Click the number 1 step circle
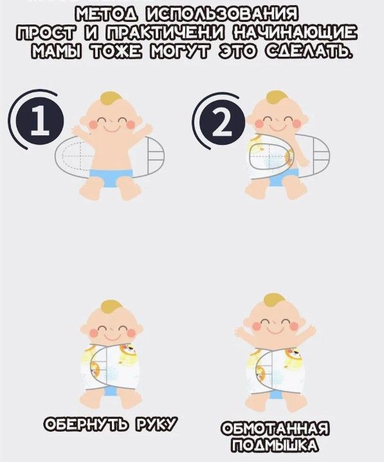coord(41,122)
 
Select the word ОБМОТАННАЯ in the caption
coord(275,428)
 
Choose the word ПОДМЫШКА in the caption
coord(275,445)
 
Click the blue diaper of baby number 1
coord(111,178)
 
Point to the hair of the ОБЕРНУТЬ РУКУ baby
coord(111,309)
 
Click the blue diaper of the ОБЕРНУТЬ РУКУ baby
coord(111,391)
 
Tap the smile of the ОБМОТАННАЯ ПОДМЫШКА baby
coord(275,330)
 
